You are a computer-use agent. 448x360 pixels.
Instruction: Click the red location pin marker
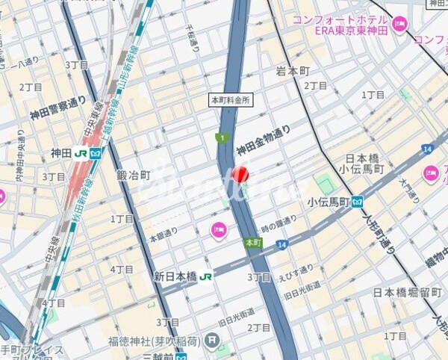240,175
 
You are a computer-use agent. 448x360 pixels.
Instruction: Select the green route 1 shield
220,137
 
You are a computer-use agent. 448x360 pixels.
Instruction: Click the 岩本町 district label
293,72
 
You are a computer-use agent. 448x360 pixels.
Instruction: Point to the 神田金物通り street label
263,142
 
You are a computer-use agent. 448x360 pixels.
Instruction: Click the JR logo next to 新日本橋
206,276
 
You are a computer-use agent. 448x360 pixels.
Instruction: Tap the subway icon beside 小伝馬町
358,202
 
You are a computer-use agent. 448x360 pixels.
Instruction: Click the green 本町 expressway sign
253,243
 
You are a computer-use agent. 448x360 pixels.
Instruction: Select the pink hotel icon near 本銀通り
218,229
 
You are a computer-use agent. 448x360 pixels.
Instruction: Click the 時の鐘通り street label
279,218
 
